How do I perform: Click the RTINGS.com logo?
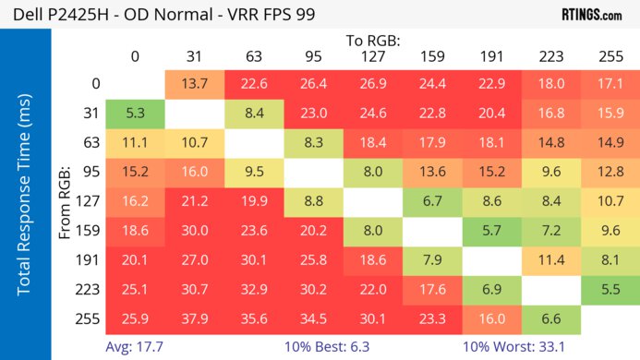(x=591, y=14)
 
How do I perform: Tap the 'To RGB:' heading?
(x=374, y=41)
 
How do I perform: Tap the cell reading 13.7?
(x=195, y=84)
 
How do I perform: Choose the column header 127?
(x=374, y=57)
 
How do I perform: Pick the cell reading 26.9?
(x=374, y=84)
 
